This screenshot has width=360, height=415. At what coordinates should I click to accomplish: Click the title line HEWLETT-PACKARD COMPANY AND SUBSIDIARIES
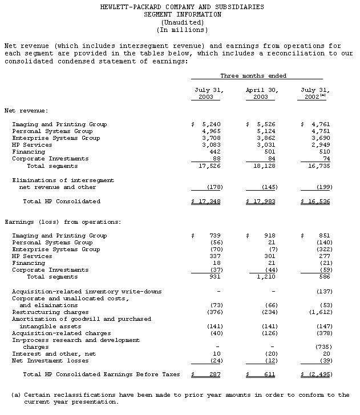(182, 7)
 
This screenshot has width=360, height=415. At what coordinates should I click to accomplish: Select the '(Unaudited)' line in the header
(182, 22)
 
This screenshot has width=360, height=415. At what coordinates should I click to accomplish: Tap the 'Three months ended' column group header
(253, 76)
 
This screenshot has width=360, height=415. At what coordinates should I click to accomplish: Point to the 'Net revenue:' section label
(26, 110)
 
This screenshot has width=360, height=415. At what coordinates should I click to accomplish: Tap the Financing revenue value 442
(213, 152)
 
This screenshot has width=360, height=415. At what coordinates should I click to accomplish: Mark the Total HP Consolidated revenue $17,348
(207, 202)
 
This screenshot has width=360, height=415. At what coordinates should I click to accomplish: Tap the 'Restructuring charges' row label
(50, 312)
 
